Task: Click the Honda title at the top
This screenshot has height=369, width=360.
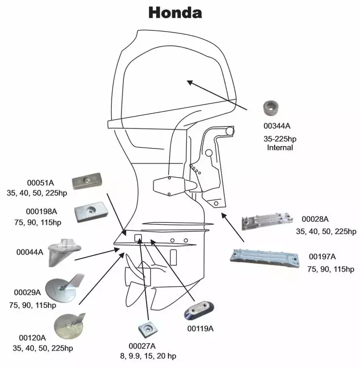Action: point(175,12)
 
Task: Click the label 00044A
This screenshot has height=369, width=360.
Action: point(30,252)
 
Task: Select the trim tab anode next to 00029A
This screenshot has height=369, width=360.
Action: point(61,289)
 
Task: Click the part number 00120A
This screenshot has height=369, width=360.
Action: point(32,338)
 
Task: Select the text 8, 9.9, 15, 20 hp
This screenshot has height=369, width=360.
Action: point(152,356)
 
